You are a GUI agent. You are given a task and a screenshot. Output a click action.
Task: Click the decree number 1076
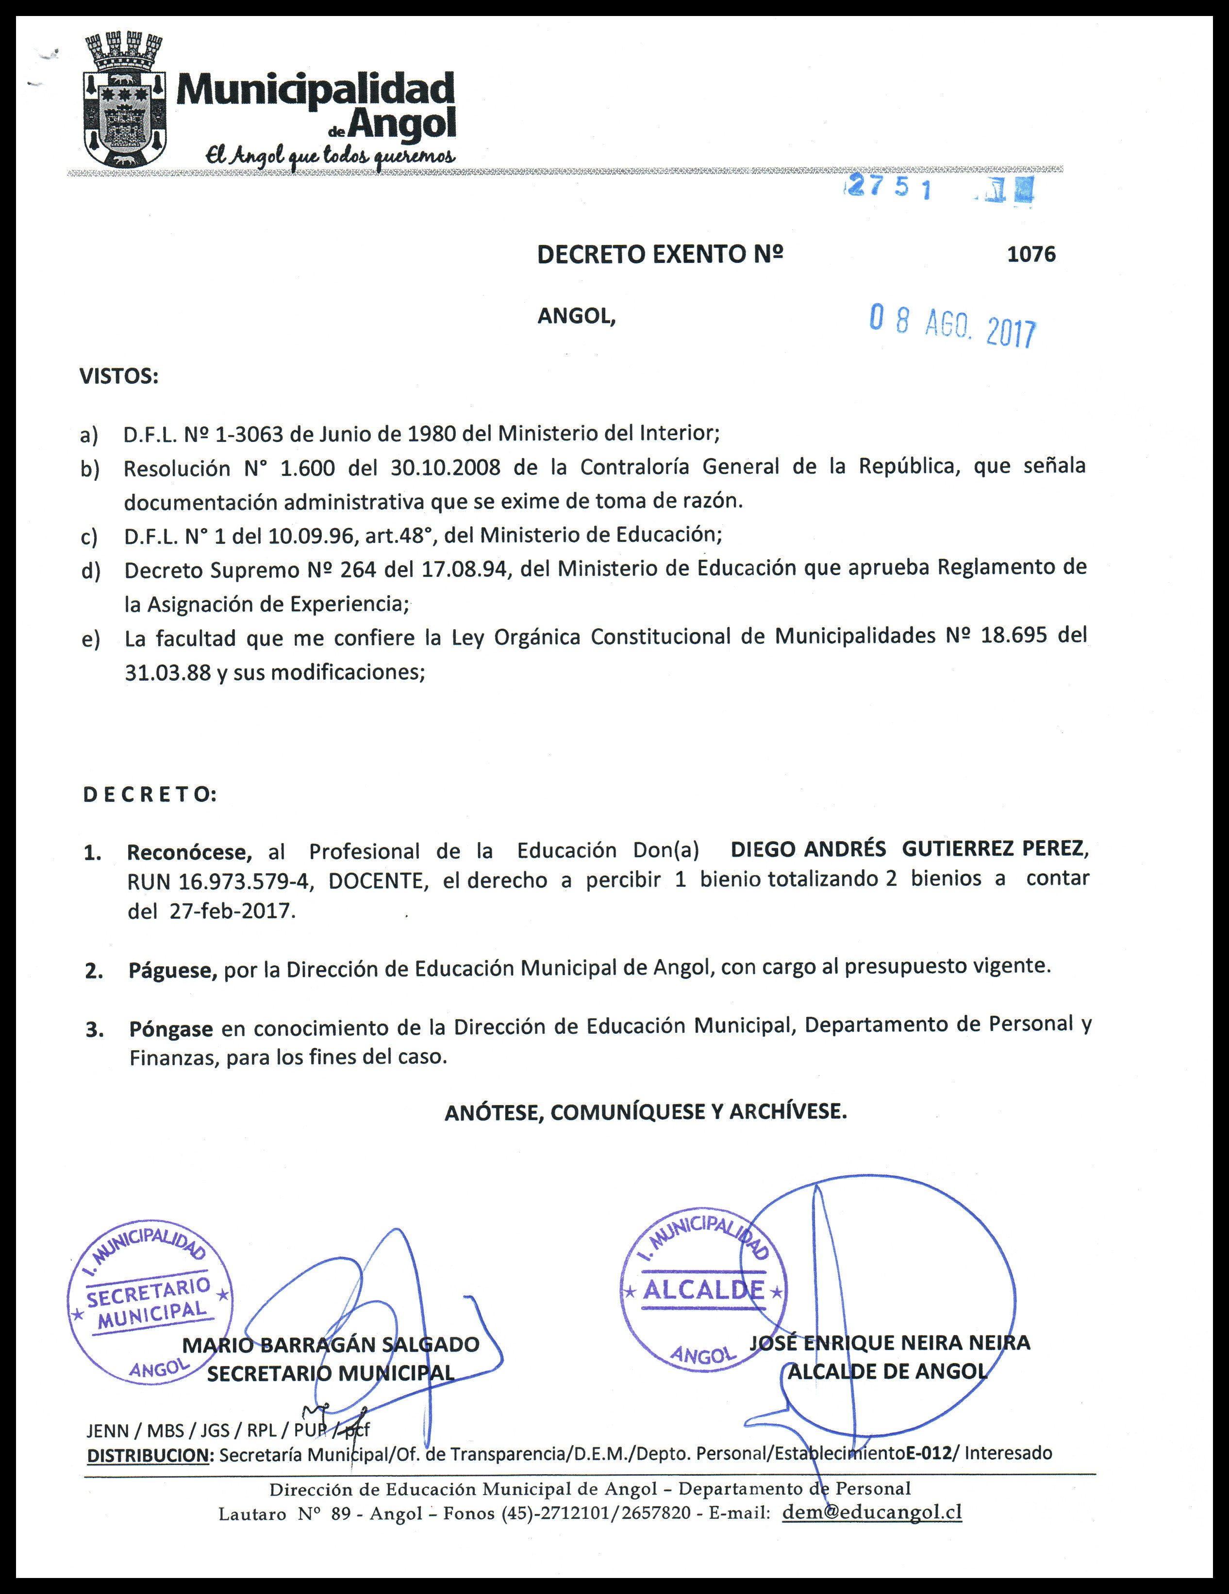pos(1031,254)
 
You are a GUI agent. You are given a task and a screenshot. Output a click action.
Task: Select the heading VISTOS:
pos(118,376)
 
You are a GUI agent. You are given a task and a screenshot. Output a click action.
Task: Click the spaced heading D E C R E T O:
pos(149,795)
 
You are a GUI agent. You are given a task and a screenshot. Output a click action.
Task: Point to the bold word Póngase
pos(171,1029)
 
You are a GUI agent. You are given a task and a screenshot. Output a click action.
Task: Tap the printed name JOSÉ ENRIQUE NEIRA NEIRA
pos(889,1342)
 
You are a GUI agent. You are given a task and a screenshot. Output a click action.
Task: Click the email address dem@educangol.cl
pos(872,1512)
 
